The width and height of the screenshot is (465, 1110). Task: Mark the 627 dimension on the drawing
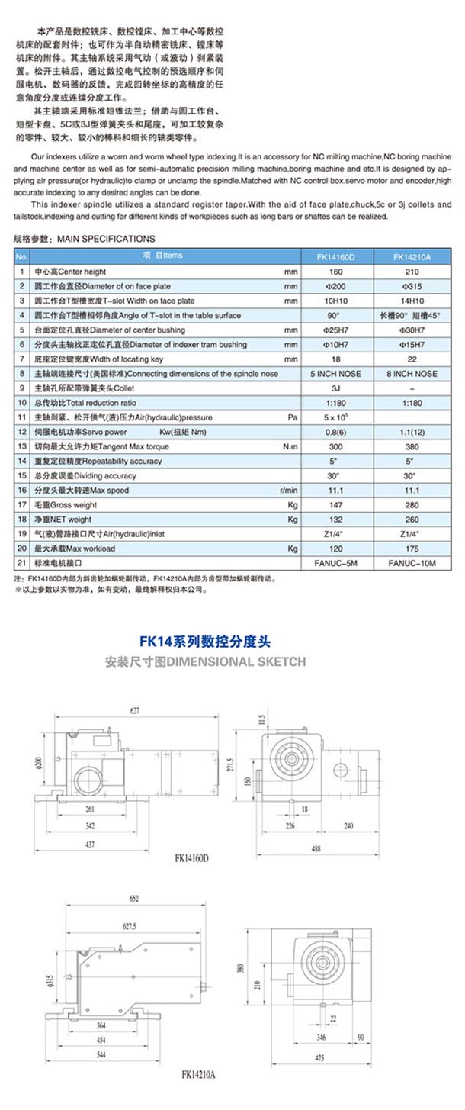(x=135, y=711)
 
